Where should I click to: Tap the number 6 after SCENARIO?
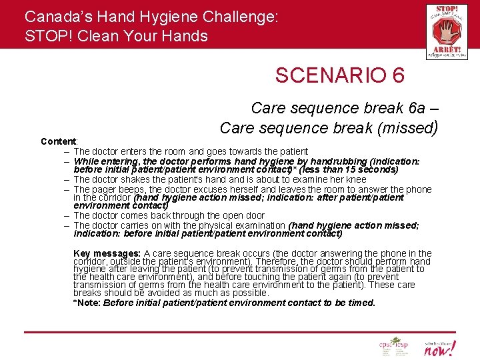click(x=398, y=75)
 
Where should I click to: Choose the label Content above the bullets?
click(x=59, y=141)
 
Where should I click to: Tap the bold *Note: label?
click(x=87, y=303)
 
